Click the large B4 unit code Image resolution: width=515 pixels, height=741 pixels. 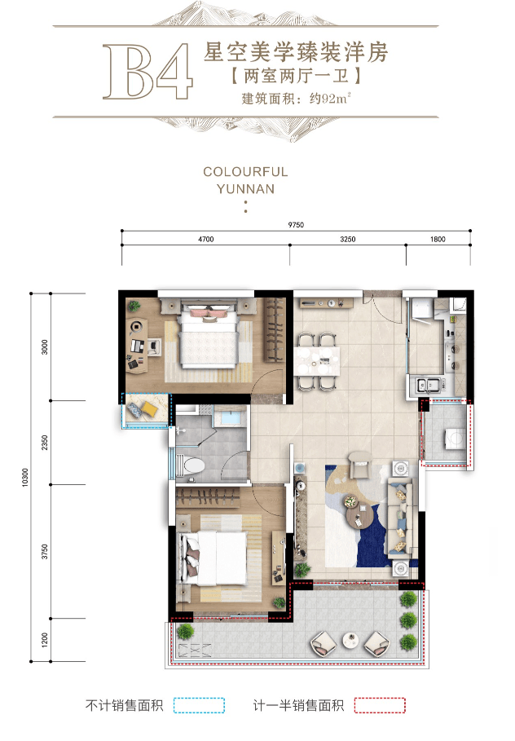tap(147, 72)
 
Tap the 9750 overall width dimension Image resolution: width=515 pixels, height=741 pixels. tap(296, 225)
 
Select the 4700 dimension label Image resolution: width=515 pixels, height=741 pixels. tap(206, 239)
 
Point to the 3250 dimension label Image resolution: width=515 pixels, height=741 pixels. tap(348, 239)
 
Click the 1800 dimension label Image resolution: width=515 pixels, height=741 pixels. tap(438, 239)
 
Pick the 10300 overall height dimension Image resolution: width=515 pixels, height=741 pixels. tap(25, 478)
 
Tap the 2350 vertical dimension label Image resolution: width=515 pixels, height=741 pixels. tap(45, 443)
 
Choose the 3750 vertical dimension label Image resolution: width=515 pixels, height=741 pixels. tap(45, 552)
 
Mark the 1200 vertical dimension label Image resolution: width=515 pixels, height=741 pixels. tap(45, 640)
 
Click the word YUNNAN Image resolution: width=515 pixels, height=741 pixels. tap(246, 189)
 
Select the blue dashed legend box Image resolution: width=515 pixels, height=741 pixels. tap(199, 705)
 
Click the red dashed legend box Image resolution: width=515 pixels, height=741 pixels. tap(380, 705)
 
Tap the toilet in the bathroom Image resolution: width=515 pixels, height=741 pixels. tap(191, 466)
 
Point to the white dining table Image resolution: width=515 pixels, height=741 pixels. tap(317, 361)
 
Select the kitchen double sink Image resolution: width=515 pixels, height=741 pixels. tap(428, 386)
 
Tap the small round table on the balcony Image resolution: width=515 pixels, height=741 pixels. tap(351, 640)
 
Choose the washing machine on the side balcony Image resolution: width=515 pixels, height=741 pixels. tap(455, 439)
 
